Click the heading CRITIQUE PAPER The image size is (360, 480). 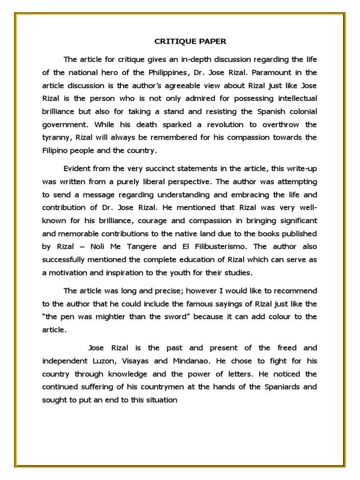pos(190,41)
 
